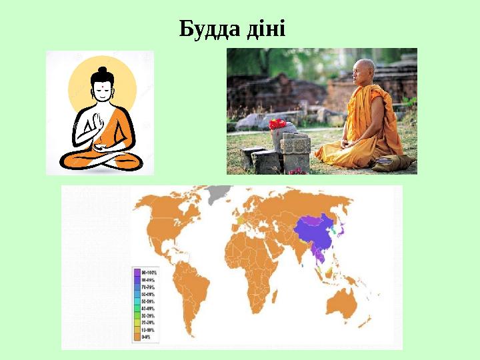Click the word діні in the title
[265, 29]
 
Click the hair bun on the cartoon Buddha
[102, 71]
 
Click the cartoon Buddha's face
[102, 90]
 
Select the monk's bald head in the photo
[366, 69]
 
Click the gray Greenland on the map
[218, 195]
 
